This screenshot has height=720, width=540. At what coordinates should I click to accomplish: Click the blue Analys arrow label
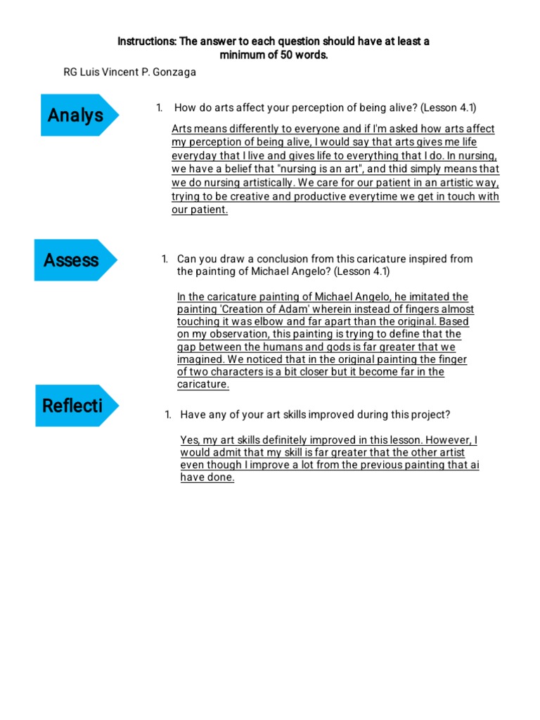coord(76,115)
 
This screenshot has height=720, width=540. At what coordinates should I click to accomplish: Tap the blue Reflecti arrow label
coord(73,406)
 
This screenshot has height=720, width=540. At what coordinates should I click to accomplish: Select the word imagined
coord(200,359)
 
